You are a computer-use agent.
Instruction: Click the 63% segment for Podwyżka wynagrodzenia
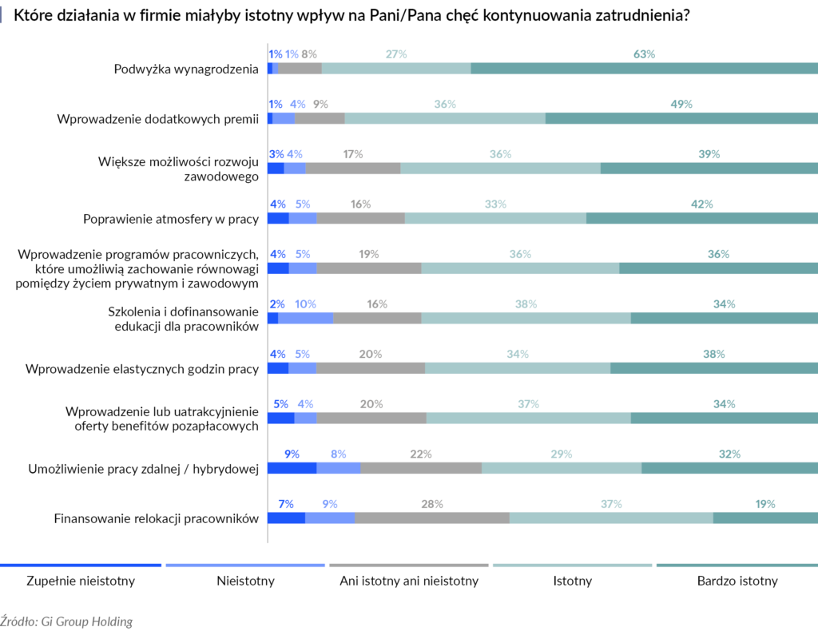coord(644,69)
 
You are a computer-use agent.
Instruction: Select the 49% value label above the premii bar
coord(681,104)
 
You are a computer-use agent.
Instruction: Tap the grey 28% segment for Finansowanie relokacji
coord(432,518)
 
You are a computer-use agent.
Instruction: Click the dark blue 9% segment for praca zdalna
coord(292,468)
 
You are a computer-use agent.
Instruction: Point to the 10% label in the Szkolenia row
coord(305,304)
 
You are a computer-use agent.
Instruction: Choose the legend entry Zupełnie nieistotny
coord(81,581)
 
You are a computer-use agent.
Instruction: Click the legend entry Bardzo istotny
coord(736,581)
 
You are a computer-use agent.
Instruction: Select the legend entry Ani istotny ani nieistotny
coord(409,581)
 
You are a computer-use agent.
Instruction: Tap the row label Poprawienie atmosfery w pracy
coord(171,218)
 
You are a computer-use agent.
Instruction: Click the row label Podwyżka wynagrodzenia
coord(186,69)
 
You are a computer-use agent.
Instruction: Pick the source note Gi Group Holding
coord(66,621)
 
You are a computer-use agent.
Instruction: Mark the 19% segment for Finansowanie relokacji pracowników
coord(765,518)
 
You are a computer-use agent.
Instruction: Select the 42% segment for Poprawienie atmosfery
coord(701,218)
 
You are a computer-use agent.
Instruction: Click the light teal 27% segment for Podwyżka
coord(396,69)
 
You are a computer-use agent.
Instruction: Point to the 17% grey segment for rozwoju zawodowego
coord(353,169)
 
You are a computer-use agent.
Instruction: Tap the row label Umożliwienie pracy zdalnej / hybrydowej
coord(143,469)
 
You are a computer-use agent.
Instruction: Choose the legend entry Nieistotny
coord(245,581)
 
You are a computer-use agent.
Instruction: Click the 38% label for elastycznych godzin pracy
coord(713,354)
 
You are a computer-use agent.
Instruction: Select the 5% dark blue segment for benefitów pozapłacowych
coord(280,419)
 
